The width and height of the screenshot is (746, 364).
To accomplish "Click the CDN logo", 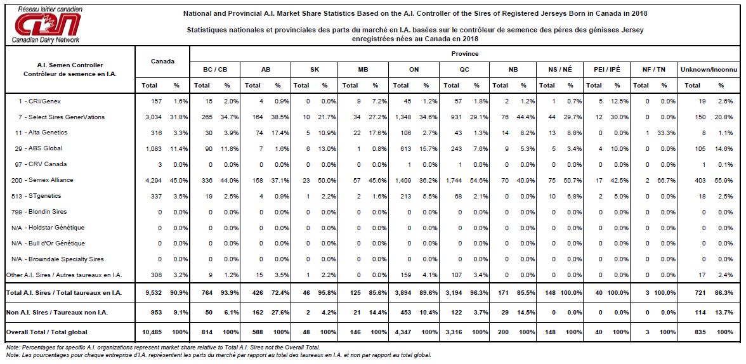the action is (47, 24).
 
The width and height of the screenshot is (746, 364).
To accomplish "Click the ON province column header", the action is (414, 70).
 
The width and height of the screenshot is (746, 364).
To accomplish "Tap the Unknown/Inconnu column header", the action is (709, 70).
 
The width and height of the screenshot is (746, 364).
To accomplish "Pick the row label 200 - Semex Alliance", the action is (42, 180).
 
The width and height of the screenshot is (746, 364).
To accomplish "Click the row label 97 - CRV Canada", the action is (39, 164).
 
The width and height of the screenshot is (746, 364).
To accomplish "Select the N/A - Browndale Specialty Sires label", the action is (58, 259).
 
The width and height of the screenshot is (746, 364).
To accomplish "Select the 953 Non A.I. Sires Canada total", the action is (157, 313).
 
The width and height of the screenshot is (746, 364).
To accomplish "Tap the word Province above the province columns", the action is (465, 54).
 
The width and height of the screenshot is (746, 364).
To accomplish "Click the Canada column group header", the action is (162, 61).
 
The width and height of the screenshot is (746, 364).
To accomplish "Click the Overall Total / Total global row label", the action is (47, 332).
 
